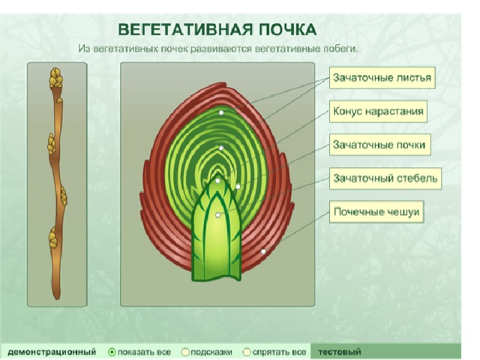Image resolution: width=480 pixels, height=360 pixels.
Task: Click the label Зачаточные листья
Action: pyautogui.click(x=382, y=78)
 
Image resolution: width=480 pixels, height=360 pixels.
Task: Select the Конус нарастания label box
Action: pyautogui.click(x=378, y=111)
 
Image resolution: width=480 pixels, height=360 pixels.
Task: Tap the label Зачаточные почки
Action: pyautogui.click(x=380, y=145)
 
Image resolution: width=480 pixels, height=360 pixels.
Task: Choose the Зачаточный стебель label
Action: pyautogui.click(x=385, y=178)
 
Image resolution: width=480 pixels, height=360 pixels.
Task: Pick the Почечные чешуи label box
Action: pyautogui.click(x=376, y=211)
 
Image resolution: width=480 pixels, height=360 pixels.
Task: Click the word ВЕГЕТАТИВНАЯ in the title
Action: pyautogui.click(x=185, y=30)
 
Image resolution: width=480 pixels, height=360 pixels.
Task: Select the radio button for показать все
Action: pyautogui.click(x=112, y=352)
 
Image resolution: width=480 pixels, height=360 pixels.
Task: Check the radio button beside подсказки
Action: pyautogui.click(x=185, y=352)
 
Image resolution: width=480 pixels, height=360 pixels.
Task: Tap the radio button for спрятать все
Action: pyautogui.click(x=247, y=352)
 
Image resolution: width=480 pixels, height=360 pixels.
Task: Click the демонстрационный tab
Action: pyautogui.click(x=52, y=352)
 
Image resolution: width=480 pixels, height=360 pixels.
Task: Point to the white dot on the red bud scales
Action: pyautogui.click(x=263, y=252)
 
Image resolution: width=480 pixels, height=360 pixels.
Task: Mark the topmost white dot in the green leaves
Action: pyautogui.click(x=221, y=112)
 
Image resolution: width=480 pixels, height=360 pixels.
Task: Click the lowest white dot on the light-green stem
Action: pyautogui.click(x=218, y=215)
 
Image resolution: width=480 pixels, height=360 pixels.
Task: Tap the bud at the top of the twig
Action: pyautogui.click(x=56, y=78)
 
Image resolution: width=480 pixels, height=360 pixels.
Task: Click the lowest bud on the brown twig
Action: pyautogui.click(x=53, y=238)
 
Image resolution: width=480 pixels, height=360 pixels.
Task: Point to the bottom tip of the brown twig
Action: pyautogui.click(x=57, y=298)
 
